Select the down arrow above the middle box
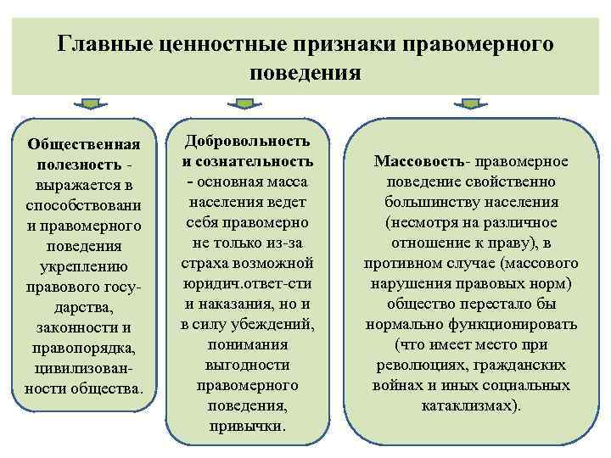coord(244,105)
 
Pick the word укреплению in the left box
coord(83,266)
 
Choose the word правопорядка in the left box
coord(83,348)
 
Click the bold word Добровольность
coord(247,141)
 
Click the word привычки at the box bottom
coord(247,426)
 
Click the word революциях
coord(412,365)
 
